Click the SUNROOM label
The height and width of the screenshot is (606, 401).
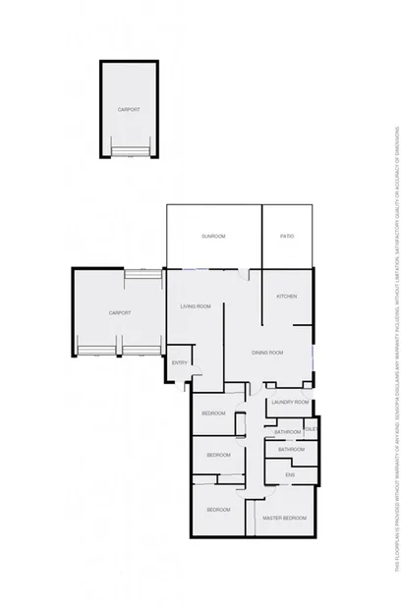(213, 237)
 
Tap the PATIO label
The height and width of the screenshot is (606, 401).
(287, 237)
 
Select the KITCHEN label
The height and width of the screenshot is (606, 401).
(286, 297)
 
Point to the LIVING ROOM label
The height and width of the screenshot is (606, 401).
(197, 306)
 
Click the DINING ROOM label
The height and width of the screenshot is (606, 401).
(267, 352)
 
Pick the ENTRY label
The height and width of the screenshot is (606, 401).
(180, 363)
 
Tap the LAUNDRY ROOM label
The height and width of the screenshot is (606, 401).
(290, 403)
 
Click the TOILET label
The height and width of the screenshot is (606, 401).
(312, 428)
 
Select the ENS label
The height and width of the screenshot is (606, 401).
(290, 475)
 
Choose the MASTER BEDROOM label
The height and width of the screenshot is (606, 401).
(285, 518)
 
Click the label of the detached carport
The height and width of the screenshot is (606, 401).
(129, 109)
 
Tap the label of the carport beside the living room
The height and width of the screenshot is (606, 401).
(120, 312)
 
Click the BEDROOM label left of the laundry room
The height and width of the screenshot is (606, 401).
(213, 413)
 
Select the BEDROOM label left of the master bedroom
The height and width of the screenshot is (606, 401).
(218, 510)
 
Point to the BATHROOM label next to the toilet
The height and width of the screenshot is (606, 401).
(287, 432)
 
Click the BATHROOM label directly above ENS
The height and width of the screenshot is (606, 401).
(291, 450)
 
